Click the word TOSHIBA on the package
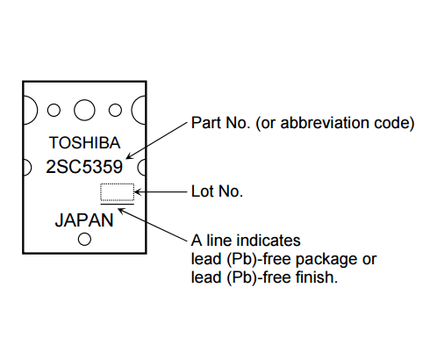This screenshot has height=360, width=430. (84, 143)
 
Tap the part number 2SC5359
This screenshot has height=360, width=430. (84, 167)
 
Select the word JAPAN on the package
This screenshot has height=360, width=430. (84, 220)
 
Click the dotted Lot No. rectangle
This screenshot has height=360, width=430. (117, 184)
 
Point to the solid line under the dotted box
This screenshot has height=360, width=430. (117, 204)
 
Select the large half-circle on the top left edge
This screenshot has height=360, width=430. (37, 111)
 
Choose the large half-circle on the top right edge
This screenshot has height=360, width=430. (132, 111)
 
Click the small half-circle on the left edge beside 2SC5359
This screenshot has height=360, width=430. (31, 168)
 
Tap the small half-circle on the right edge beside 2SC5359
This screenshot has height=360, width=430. (138, 168)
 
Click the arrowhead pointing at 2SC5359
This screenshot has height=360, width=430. (129, 156)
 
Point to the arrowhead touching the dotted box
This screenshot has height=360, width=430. (138, 192)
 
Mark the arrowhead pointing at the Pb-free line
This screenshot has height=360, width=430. (121, 210)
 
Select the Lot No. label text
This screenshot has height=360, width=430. (217, 191)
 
